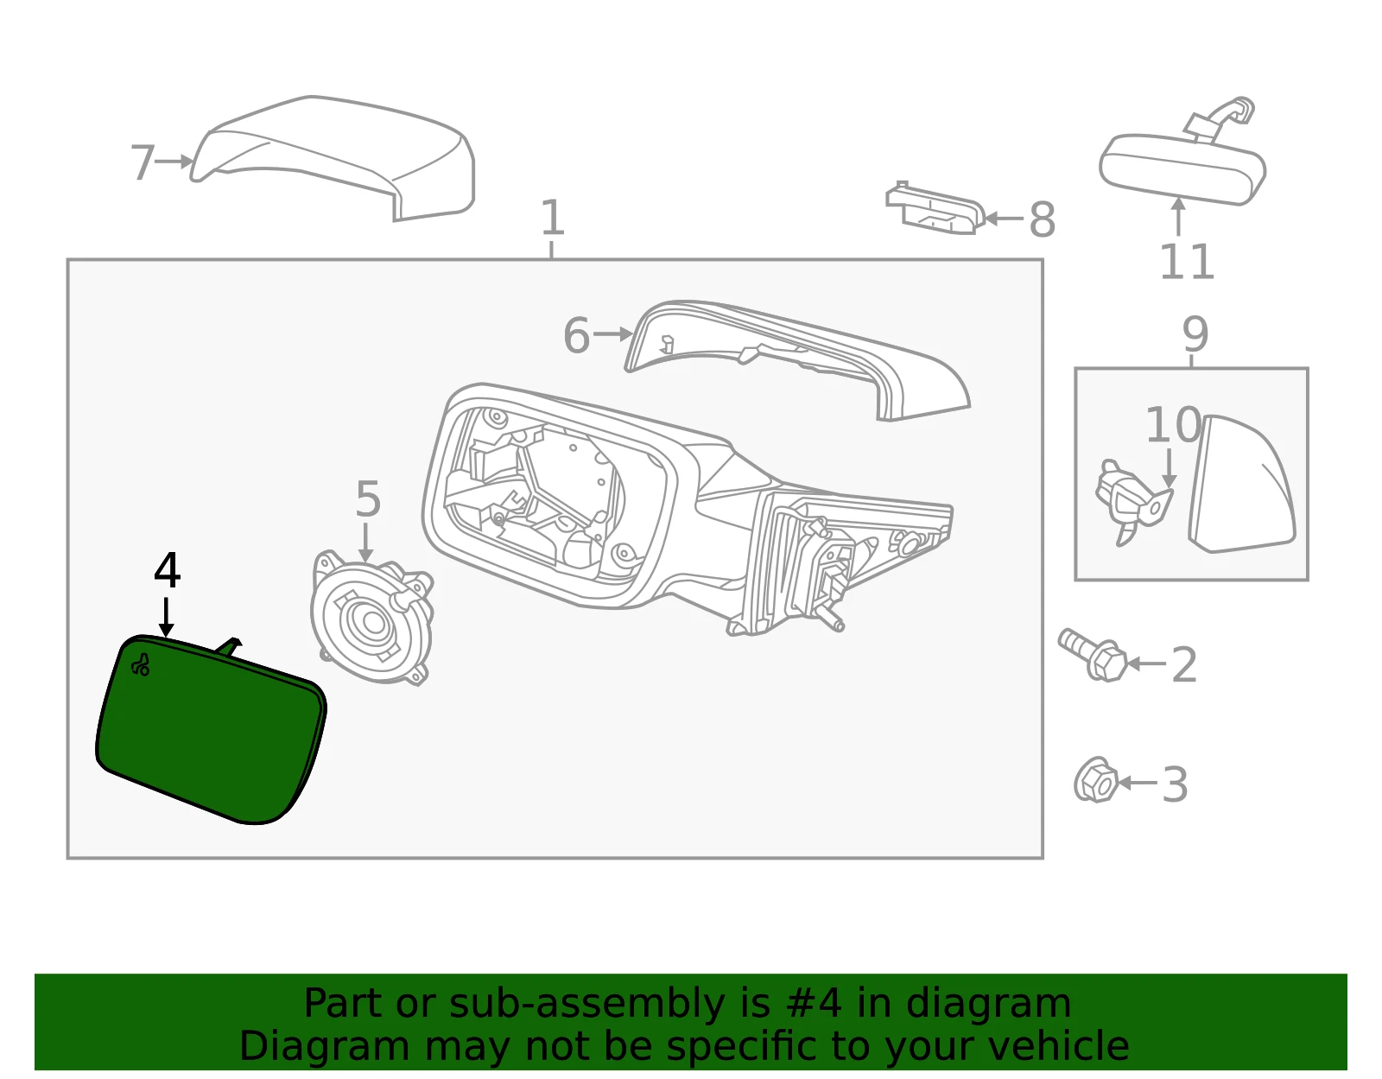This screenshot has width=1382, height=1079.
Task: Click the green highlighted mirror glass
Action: click(210, 731)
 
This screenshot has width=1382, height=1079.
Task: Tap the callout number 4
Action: click(168, 570)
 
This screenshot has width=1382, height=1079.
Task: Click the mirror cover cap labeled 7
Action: click(333, 158)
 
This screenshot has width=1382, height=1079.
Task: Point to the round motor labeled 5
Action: click(372, 618)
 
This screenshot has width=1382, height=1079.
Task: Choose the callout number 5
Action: click(368, 499)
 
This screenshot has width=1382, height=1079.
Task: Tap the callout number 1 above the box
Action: click(552, 217)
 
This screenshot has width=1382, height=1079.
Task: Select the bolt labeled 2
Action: click(1094, 655)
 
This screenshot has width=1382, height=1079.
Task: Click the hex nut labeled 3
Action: click(1096, 779)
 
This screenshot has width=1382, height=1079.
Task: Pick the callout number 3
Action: click(1175, 784)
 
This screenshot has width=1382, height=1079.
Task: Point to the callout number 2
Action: click(1184, 665)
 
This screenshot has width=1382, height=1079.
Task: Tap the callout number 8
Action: click(1043, 220)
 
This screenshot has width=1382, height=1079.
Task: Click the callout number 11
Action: click(1187, 262)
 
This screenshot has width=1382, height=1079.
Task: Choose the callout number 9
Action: click(1195, 333)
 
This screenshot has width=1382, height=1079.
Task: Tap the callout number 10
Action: click(1173, 425)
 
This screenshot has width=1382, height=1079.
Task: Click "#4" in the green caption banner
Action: click(814, 1003)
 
